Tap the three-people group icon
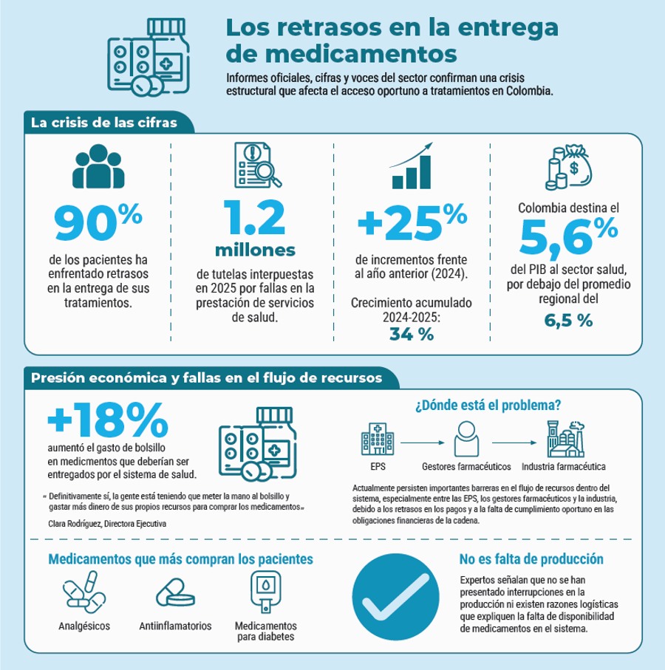[98, 166]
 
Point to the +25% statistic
[412, 222]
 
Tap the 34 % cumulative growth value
[412, 334]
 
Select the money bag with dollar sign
[568, 167]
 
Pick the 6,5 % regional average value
[568, 321]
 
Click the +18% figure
[108, 420]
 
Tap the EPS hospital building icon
[378, 439]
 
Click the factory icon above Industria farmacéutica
[565, 439]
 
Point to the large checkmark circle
[396, 597]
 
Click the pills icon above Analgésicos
[84, 592]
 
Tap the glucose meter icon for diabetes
[266, 592]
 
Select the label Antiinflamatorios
[175, 626]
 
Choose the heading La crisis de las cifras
[104, 123]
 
